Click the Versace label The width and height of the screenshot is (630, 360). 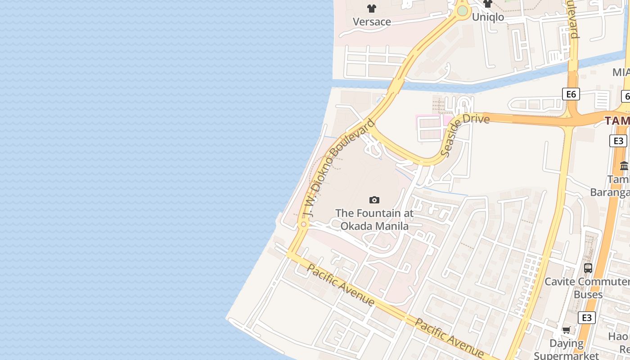(372, 22)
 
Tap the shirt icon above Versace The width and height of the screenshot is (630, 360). (372, 8)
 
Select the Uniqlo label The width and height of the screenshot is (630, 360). (488, 17)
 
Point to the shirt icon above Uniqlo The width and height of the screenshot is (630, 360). (488, 4)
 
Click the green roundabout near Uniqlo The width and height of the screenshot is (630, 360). (462, 10)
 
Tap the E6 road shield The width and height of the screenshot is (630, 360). (571, 94)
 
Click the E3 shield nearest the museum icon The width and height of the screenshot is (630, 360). (619, 141)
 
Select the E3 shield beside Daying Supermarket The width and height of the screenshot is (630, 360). (587, 318)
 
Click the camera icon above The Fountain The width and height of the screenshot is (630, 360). (374, 200)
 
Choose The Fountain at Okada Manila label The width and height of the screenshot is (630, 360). (374, 219)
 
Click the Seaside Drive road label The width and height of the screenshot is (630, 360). (465, 135)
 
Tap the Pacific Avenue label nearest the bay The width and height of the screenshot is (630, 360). (341, 285)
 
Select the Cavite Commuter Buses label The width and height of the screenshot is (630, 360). (587, 288)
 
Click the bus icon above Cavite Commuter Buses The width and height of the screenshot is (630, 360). (588, 268)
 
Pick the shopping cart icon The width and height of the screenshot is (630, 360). (566, 330)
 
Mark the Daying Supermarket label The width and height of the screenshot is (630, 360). (567, 349)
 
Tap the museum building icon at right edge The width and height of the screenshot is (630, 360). (624, 166)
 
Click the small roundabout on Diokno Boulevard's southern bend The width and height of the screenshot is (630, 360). (304, 224)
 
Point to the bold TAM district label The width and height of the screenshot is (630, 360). (617, 121)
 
